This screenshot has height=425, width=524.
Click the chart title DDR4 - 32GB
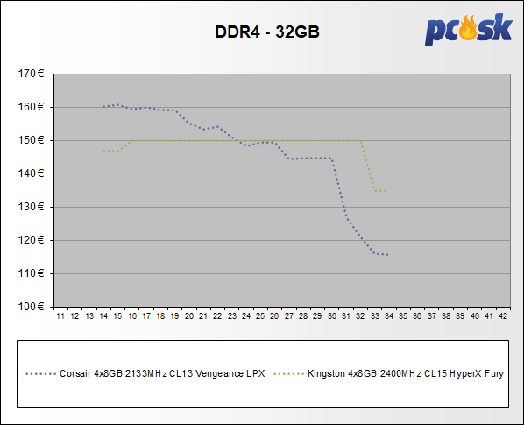[267, 32]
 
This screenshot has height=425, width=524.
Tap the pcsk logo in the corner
[469, 30]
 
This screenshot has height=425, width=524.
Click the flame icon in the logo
[468, 27]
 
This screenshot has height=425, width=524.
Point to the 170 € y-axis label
[31, 74]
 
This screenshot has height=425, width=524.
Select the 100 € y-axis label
[31, 307]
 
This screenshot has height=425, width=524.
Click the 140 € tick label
[31, 174]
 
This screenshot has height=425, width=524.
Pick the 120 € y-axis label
[31, 240]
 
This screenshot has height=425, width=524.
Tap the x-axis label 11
[60, 316]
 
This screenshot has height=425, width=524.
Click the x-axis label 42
[503, 316]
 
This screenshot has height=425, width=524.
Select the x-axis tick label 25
[260, 316]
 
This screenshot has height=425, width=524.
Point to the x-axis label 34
[389, 316]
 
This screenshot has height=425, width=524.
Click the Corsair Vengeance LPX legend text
[162, 373]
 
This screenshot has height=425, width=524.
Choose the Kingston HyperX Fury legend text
[406, 373]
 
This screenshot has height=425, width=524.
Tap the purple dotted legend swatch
[41, 374]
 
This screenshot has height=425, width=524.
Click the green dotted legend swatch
[289, 374]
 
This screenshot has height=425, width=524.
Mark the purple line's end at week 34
[387, 255]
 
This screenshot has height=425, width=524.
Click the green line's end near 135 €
[386, 191]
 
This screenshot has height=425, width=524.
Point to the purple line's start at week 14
[103, 107]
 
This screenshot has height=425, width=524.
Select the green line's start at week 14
[103, 152]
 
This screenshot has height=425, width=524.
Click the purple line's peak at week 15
[117, 105]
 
